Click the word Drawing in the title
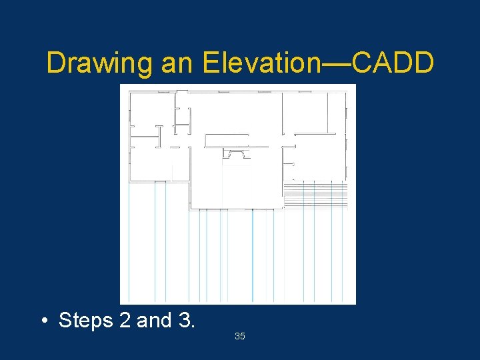point(100,63)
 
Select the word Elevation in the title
point(262,63)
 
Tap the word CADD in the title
point(393,63)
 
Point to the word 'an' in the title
point(176,63)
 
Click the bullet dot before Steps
point(43,321)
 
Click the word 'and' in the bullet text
point(154,321)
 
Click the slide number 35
point(240,337)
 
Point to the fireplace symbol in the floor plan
point(236,154)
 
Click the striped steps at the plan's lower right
point(316,194)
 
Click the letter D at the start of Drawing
point(55,63)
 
